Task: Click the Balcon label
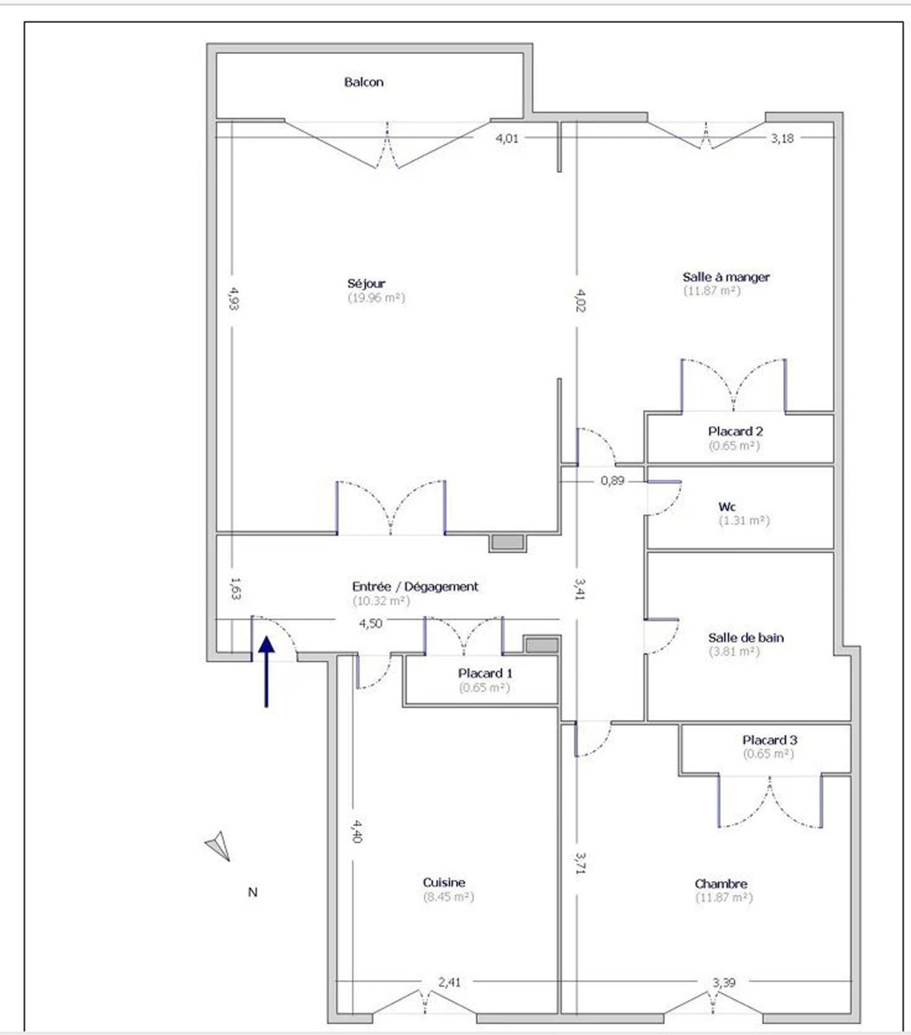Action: tap(363, 82)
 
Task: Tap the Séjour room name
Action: tap(366, 284)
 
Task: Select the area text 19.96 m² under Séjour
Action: tap(376, 298)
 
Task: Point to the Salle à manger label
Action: tap(725, 277)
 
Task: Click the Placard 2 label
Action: tap(735, 432)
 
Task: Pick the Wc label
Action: tap(727, 507)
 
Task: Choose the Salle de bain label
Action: tap(746, 638)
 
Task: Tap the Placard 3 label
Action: tap(770, 740)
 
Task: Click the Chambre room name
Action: tap(721, 884)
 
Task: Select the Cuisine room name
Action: tap(444, 882)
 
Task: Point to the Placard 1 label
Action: tap(485, 673)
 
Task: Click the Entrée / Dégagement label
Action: tap(415, 586)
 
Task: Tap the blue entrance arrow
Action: tap(266, 672)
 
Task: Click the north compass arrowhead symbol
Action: tap(218, 846)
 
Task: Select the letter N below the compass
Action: tap(253, 892)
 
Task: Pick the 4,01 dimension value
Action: tap(507, 138)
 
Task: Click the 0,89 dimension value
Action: tap(613, 480)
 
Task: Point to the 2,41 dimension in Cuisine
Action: tap(450, 982)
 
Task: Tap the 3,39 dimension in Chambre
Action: tap(724, 982)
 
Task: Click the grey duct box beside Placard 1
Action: tap(542, 645)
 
